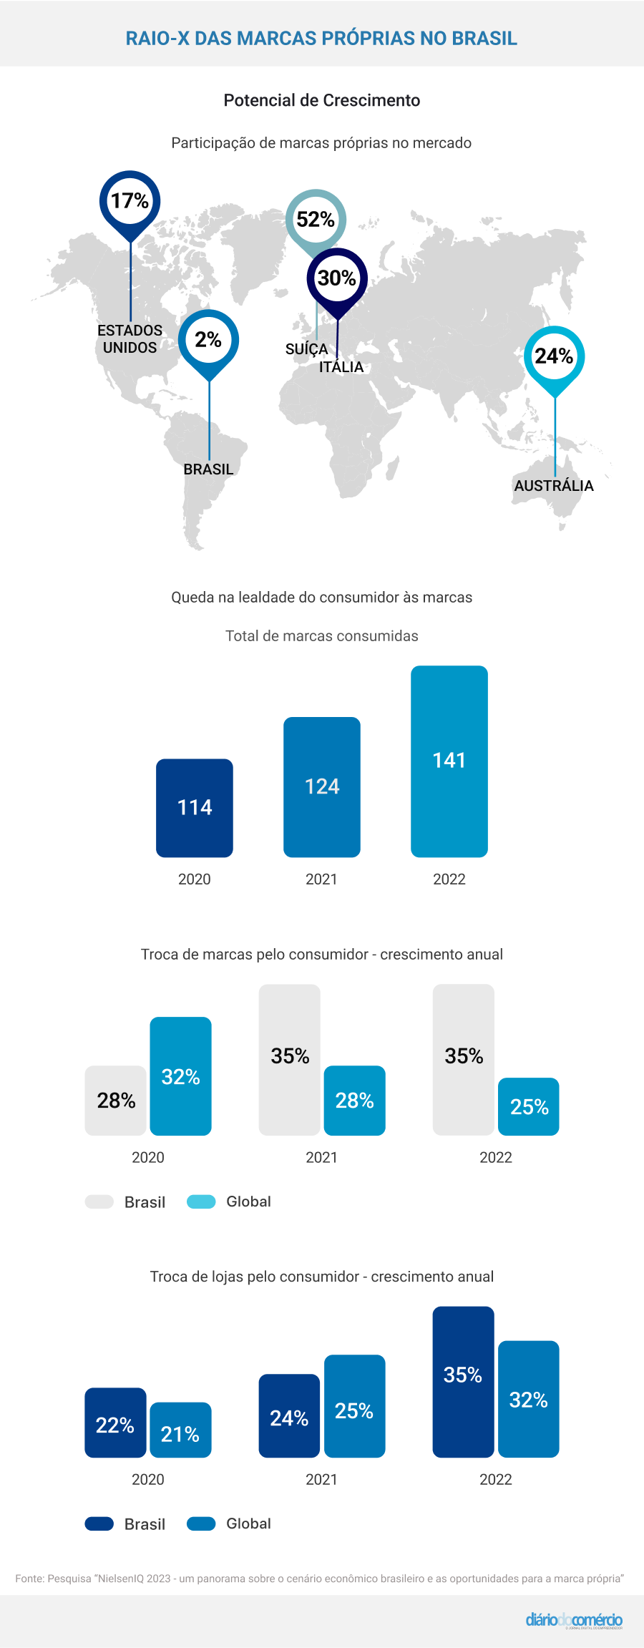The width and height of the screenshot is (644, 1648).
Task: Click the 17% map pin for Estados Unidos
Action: coord(130,201)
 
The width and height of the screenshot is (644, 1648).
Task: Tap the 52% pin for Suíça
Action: coord(316,219)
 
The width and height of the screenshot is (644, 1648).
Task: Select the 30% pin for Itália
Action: coord(337,278)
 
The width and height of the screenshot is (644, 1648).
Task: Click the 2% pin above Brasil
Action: coord(208,340)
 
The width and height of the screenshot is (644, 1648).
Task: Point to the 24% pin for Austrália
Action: coord(554,356)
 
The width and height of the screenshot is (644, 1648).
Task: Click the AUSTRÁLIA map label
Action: coord(554,486)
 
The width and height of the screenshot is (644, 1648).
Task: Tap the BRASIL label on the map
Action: coord(208,469)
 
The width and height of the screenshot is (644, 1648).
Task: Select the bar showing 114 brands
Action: coord(195,808)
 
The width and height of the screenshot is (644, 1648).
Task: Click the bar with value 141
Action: coord(449,761)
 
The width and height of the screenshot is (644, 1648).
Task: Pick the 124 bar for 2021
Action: coord(322,787)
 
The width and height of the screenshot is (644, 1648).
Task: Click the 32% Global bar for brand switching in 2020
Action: coord(180,1076)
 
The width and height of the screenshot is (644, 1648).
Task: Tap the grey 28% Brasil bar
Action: coord(116,1101)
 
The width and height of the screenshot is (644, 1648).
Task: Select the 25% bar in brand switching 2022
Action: coord(529,1107)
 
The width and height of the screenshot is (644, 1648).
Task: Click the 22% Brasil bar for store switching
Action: coord(115,1423)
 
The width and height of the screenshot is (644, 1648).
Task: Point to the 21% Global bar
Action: coord(180,1430)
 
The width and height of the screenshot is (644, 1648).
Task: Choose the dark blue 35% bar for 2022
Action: coord(463,1382)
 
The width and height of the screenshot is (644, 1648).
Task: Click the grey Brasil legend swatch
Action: coord(99,1201)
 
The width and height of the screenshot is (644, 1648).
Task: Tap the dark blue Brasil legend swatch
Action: coord(99,1523)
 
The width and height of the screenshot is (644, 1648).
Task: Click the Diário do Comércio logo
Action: coord(574,1620)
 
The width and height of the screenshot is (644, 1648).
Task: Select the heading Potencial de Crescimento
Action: coord(322,100)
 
